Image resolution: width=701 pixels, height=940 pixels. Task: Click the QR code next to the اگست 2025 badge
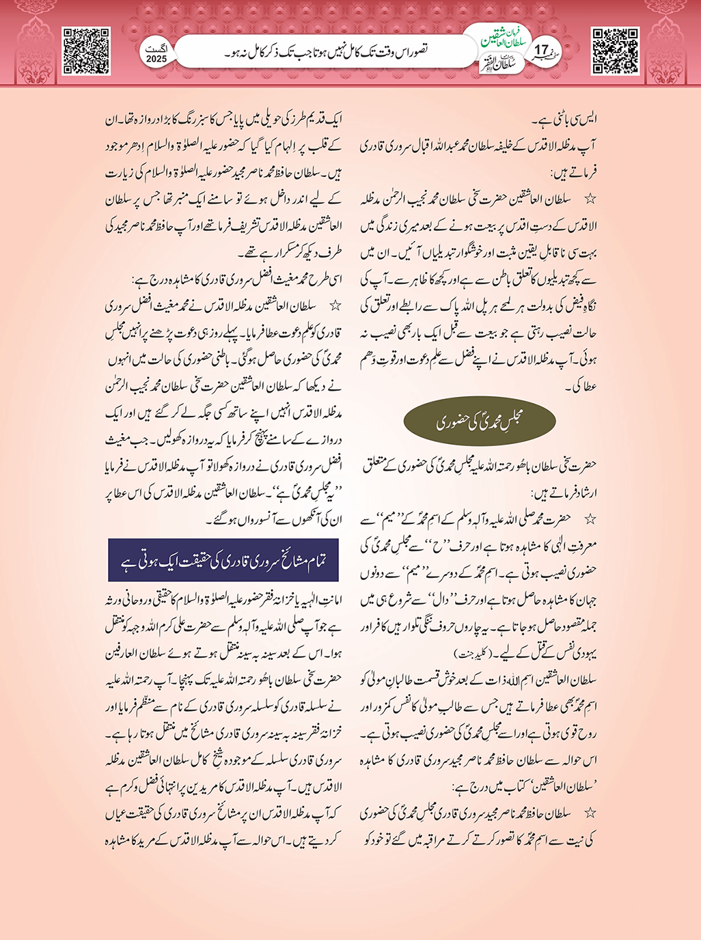pyautogui.click(x=86, y=51)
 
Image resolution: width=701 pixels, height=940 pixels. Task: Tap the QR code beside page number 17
pyautogui.click(x=615, y=51)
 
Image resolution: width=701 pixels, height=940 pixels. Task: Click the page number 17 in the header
pyautogui.click(x=542, y=51)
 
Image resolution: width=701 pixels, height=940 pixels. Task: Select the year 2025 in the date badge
pyautogui.click(x=156, y=59)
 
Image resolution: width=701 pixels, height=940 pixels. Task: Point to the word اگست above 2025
pyautogui.click(x=156, y=49)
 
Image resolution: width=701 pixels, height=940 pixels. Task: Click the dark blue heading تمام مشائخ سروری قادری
pyautogui.click(x=223, y=561)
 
